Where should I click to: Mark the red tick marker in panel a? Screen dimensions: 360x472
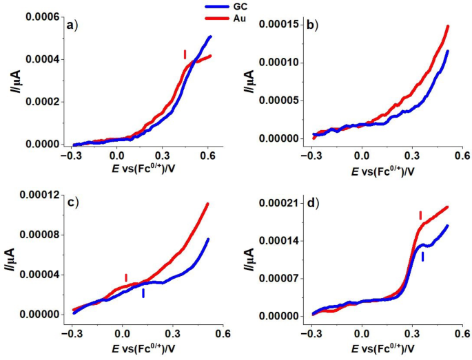pos(185,54)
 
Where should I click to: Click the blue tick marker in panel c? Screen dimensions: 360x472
pos(143,293)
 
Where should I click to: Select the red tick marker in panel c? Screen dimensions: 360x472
pos(125,277)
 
